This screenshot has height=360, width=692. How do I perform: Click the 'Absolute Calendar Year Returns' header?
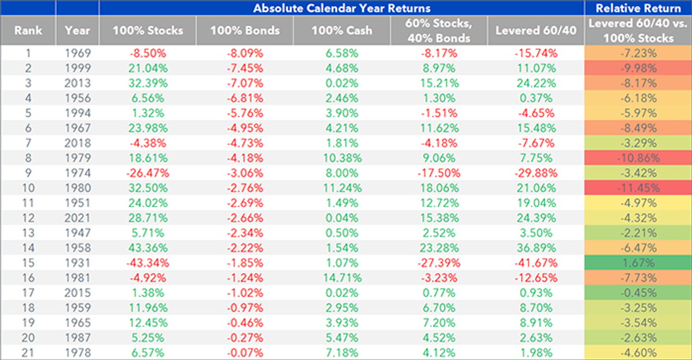click(x=341, y=8)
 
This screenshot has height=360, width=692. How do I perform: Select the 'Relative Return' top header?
click(x=638, y=8)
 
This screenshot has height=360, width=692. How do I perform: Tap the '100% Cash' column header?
click(x=341, y=31)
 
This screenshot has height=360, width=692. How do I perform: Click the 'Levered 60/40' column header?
click(x=536, y=31)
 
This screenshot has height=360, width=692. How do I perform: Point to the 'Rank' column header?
click(x=28, y=31)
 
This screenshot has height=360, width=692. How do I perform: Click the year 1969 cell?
click(x=77, y=53)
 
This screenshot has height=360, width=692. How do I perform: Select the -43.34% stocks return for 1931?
click(x=148, y=263)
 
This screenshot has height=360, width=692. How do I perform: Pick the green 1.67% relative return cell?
click(x=638, y=263)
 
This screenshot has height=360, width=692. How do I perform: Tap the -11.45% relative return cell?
click(x=638, y=188)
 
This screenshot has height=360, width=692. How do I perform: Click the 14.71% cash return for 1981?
click(x=343, y=278)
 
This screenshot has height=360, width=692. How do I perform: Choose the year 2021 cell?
click(x=77, y=218)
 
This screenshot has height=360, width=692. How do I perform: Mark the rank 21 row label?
click(x=28, y=353)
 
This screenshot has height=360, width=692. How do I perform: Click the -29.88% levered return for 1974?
click(x=536, y=173)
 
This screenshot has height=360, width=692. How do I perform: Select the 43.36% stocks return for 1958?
click(x=148, y=248)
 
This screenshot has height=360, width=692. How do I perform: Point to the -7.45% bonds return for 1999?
click(x=245, y=68)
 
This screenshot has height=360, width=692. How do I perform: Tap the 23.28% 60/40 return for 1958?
click(x=439, y=248)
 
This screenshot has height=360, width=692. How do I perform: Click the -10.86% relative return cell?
click(x=638, y=158)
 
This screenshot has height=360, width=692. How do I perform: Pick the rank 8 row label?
click(x=28, y=158)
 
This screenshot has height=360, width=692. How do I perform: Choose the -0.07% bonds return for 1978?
click(x=245, y=353)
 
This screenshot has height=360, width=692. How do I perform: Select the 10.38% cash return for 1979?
click(x=343, y=158)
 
